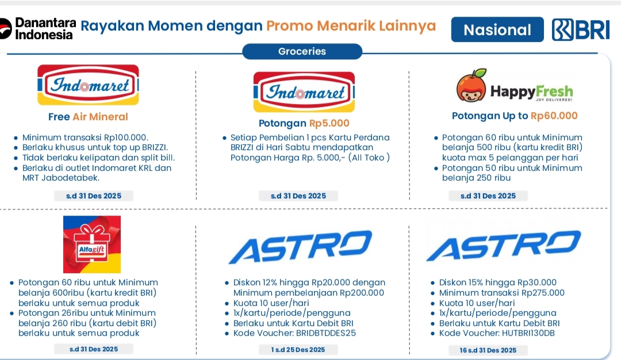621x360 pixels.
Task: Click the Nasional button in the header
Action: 497,30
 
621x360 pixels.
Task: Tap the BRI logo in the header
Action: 581,30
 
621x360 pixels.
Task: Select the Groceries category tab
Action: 302,51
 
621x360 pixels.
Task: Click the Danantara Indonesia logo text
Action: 45,28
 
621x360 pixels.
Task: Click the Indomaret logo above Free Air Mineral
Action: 88,85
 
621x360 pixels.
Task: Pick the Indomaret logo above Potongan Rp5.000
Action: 304,91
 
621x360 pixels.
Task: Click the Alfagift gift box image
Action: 92,244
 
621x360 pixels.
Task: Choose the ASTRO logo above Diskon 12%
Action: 300,247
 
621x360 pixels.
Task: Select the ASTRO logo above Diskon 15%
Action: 504,246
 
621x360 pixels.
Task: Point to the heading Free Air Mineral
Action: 88,117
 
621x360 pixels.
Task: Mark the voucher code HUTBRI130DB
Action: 526,333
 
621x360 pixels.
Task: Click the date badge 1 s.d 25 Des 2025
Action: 298,350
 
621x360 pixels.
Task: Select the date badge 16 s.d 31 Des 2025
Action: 488,350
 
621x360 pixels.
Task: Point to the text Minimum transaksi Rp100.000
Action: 85,137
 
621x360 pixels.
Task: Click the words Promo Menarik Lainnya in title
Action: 351,26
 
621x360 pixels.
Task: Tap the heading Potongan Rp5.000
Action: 304,124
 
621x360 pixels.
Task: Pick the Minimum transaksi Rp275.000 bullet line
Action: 501,293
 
